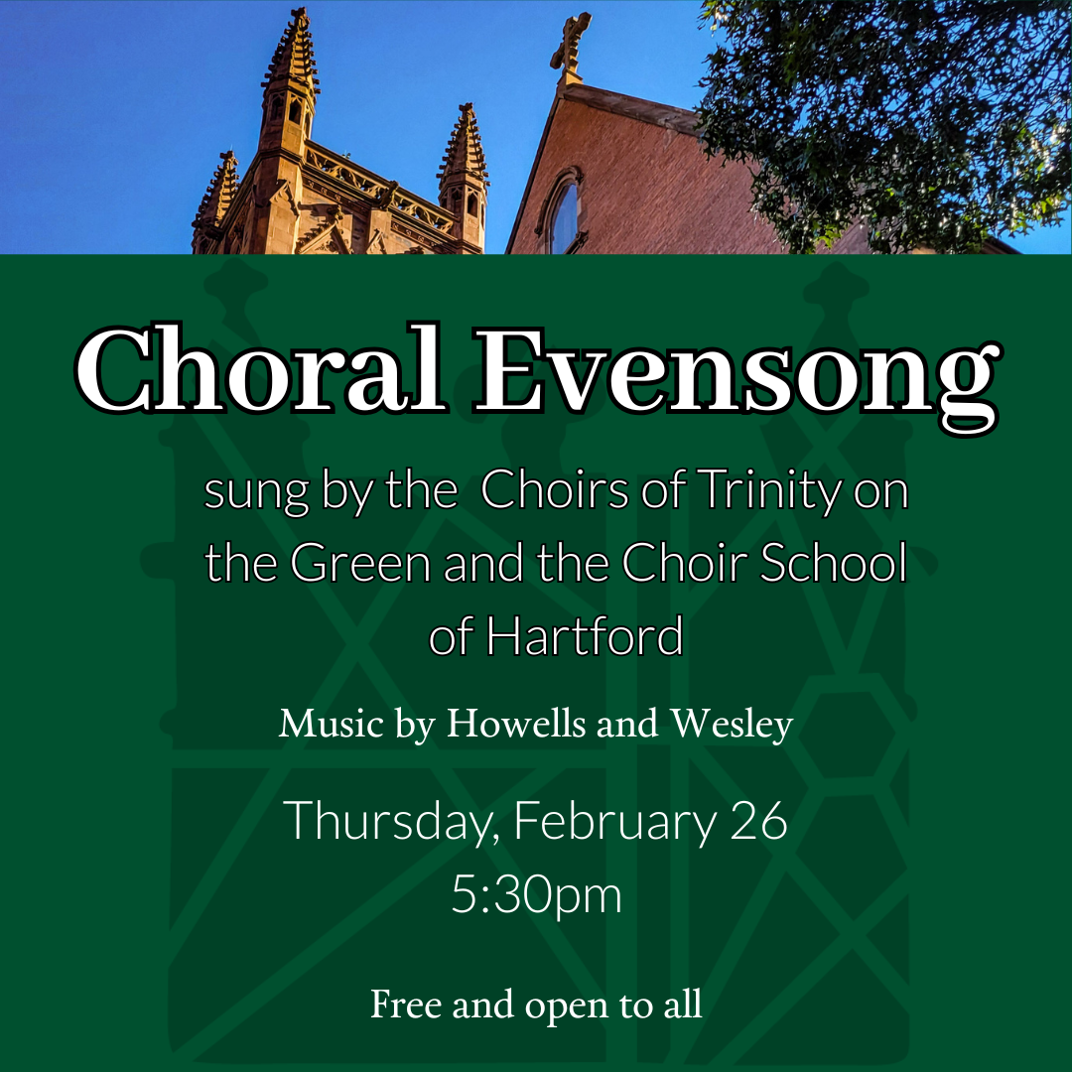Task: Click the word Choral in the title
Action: coord(260,370)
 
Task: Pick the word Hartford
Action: coord(585,636)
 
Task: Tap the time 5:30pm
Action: coord(536,895)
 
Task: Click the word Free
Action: coord(406,1004)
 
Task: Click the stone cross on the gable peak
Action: coord(571,45)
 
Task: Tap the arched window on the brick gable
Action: coord(563,213)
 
